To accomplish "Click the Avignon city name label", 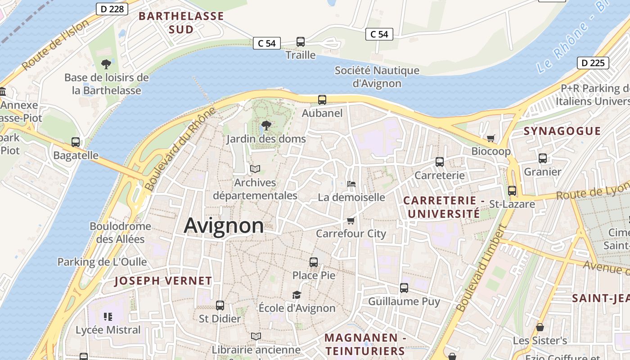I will point(224,225).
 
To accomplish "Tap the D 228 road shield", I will point(112,9).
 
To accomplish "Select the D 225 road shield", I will point(593,63).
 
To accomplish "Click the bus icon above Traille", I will point(301,42).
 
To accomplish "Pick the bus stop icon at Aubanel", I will point(322,100).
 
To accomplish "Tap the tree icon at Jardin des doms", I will point(266,125).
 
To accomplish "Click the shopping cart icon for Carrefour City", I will point(351,220).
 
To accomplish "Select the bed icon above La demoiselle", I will point(351,184).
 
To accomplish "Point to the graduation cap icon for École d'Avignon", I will point(297,295).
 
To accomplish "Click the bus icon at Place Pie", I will point(314,262).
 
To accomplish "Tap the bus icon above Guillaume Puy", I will point(404,288).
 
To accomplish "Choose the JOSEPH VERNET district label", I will point(163,281).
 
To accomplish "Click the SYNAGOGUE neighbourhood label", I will point(562,131).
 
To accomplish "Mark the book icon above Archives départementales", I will point(255,169).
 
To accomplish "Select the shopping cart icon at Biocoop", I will point(490,138).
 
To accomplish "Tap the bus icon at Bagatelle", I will point(76,142).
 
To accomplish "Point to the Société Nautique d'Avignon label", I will point(377,77).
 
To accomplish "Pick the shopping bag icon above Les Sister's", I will point(540,327).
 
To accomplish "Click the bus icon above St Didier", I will point(220,305).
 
